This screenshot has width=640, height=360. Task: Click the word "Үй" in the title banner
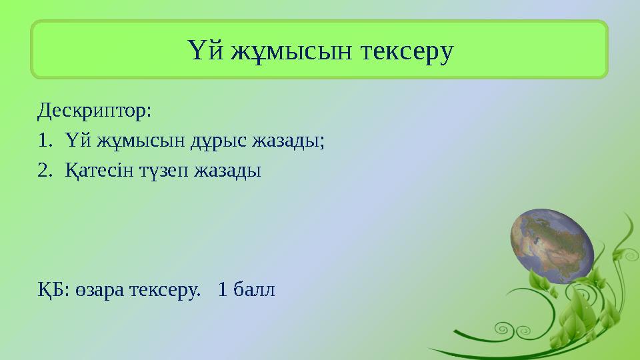[202, 51]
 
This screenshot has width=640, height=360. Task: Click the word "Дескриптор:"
[95, 110]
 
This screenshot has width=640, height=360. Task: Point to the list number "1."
[45, 141]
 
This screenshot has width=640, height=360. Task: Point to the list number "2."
[45, 171]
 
